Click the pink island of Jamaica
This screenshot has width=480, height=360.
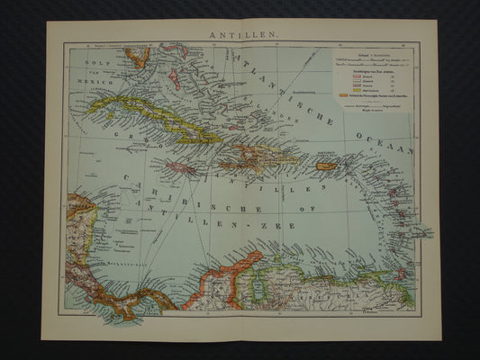pyautogui.click(x=181, y=168)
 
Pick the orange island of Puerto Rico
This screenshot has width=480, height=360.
pyautogui.click(x=326, y=166)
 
